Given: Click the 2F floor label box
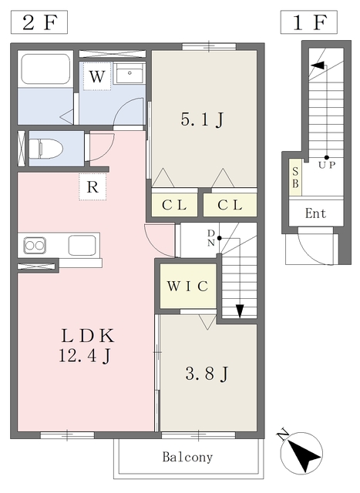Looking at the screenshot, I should tap(38, 22).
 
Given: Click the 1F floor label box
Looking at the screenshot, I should tap(308, 22).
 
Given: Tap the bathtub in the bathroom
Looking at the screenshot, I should tap(45, 69).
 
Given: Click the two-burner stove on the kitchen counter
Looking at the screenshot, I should tap(35, 246).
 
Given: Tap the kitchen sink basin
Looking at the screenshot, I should tap(82, 246).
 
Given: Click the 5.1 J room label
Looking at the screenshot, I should tap(202, 120).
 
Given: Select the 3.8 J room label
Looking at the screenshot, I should tap(207, 374).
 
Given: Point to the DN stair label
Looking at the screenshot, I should tap(211, 236).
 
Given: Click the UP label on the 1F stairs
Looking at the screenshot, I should tap(327, 164).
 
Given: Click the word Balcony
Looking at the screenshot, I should tap(187, 457).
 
